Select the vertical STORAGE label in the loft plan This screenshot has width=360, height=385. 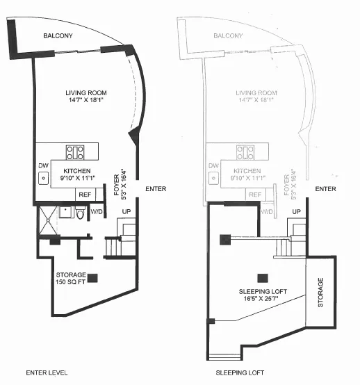320,293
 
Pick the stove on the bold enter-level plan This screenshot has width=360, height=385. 75,152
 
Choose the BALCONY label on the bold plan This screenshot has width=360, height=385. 58,36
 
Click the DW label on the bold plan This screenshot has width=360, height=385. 42,165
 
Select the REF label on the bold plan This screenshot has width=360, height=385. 84,195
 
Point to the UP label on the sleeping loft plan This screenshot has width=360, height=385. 297,211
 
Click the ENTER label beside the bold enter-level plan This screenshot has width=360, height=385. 156,189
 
